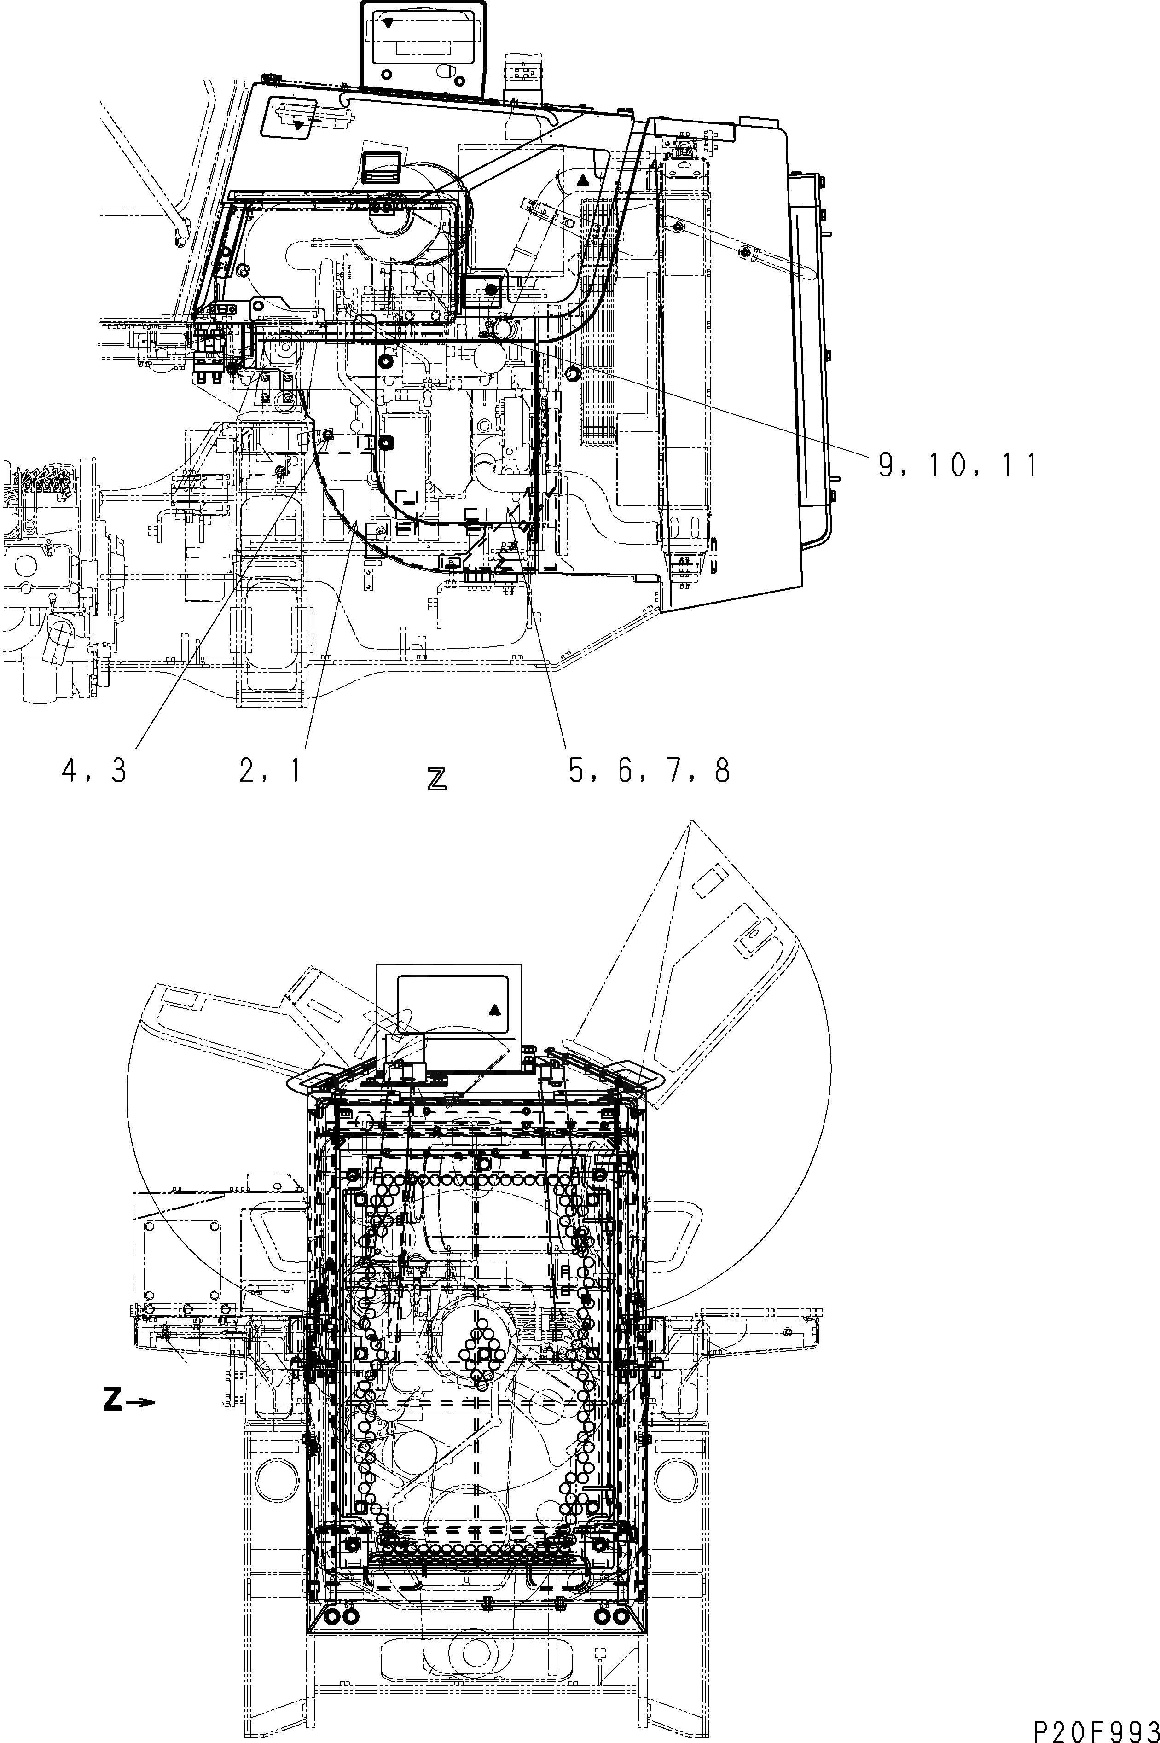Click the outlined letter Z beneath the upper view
[x=437, y=779]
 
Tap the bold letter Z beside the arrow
[x=112, y=1400]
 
